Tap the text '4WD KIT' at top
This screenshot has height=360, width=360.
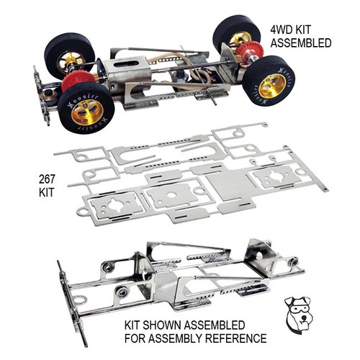click(x=290, y=30)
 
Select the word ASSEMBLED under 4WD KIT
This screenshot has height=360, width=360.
click(x=301, y=43)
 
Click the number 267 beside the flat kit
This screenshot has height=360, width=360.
click(x=47, y=179)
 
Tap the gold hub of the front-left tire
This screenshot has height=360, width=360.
click(x=87, y=112)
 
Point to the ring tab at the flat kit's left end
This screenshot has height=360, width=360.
click(x=82, y=212)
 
